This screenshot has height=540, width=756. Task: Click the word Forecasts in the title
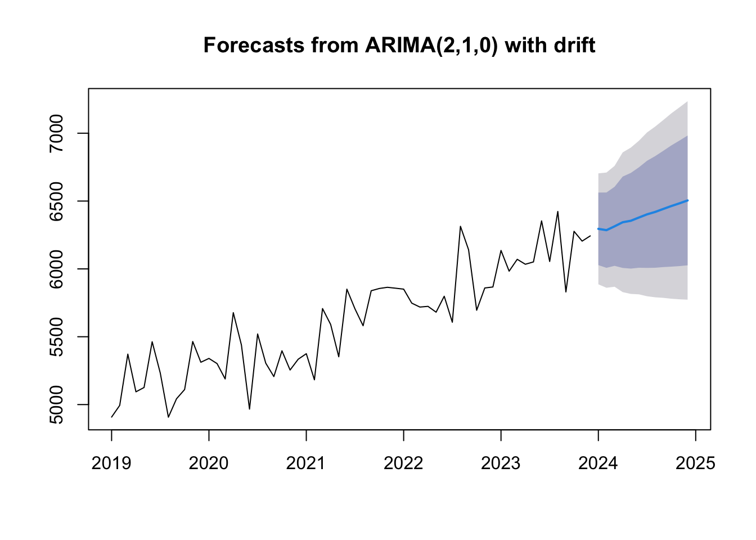[x=254, y=45]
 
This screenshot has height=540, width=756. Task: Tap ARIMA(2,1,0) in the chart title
[x=431, y=46]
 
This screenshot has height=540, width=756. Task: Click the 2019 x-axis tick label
[x=111, y=463]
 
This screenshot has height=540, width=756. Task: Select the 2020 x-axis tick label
[x=209, y=463]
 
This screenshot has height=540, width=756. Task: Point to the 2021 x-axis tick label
[x=306, y=463]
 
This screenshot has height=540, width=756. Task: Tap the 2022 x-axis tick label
[x=403, y=463]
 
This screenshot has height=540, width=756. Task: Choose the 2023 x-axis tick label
[x=501, y=463]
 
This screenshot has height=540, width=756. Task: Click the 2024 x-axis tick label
[x=598, y=463]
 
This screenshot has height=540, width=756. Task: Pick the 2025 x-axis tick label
[x=696, y=463]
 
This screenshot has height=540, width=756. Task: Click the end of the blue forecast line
[x=687, y=200]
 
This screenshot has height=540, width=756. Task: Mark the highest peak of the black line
[x=557, y=211]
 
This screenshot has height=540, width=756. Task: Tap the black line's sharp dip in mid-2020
[x=249, y=409]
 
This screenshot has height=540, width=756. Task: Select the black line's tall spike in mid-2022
[x=460, y=226]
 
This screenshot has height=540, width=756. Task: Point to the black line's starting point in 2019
[x=111, y=417]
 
